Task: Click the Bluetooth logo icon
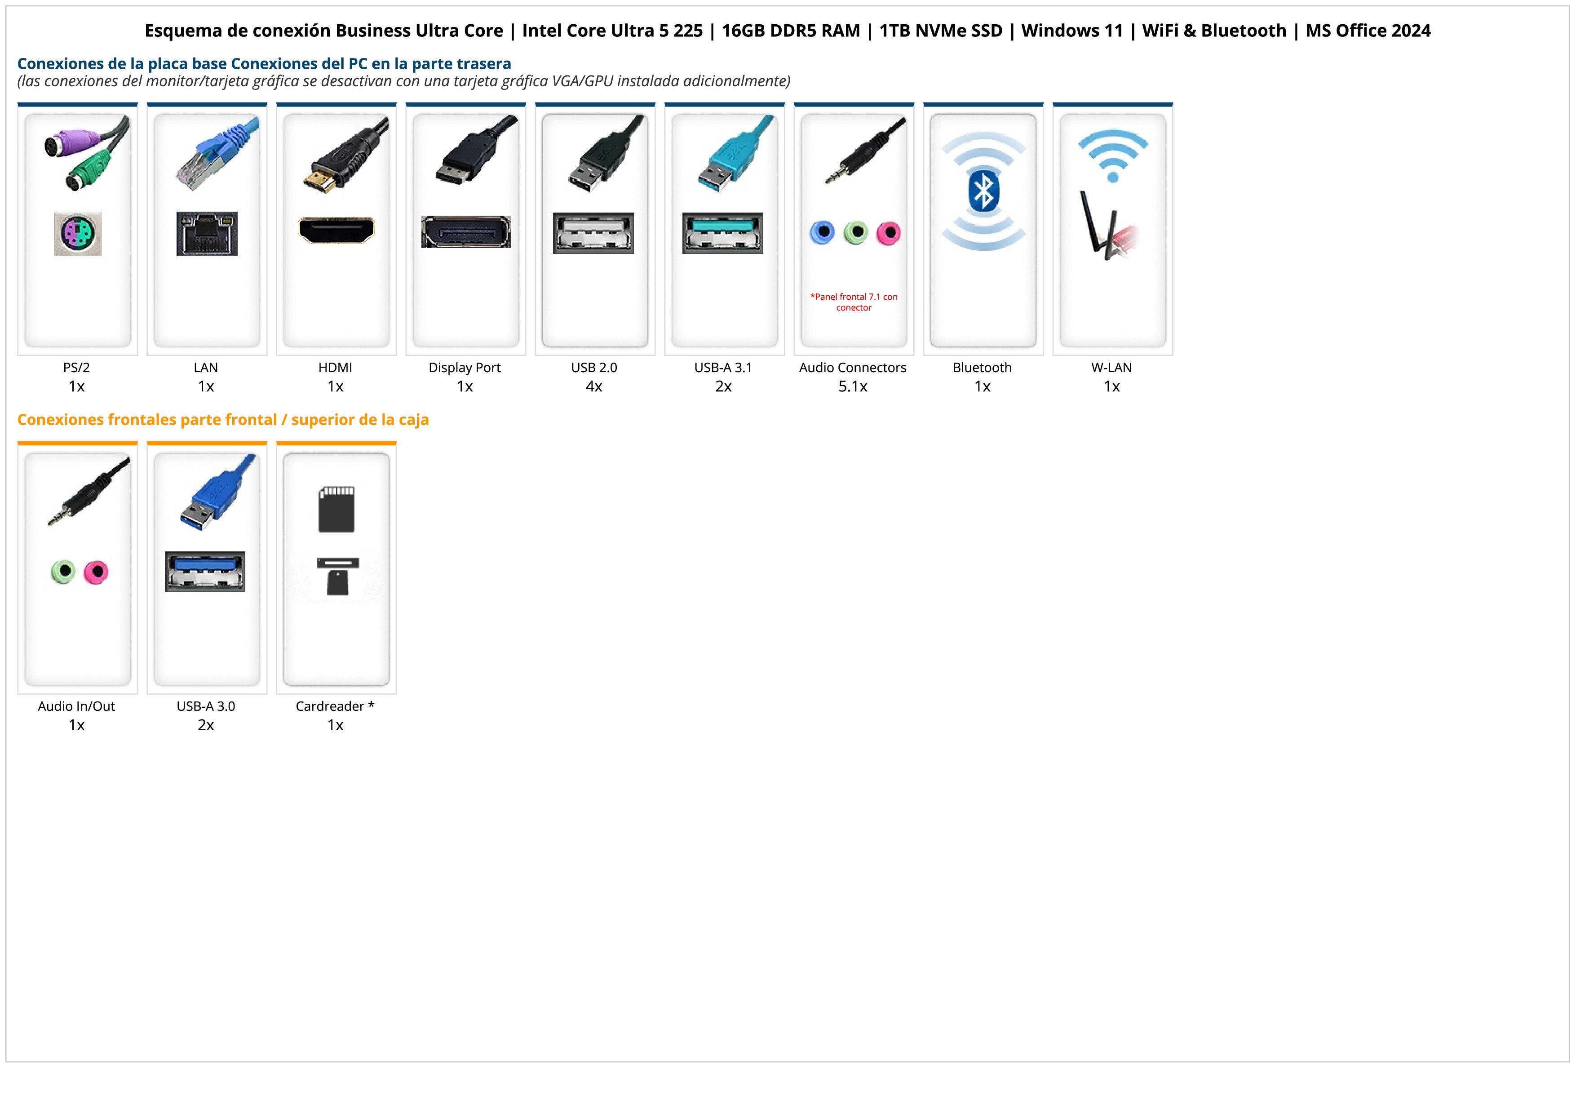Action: (x=983, y=191)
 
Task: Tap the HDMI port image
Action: (x=336, y=230)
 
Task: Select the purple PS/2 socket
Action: (x=78, y=234)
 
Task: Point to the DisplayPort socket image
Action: (x=466, y=232)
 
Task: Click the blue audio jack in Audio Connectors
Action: (x=822, y=233)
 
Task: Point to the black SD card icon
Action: (x=336, y=509)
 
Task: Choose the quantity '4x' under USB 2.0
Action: (x=594, y=386)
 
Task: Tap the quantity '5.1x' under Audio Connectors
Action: (x=853, y=386)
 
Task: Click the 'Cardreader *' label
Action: (x=335, y=706)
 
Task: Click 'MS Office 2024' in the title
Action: (x=1368, y=31)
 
